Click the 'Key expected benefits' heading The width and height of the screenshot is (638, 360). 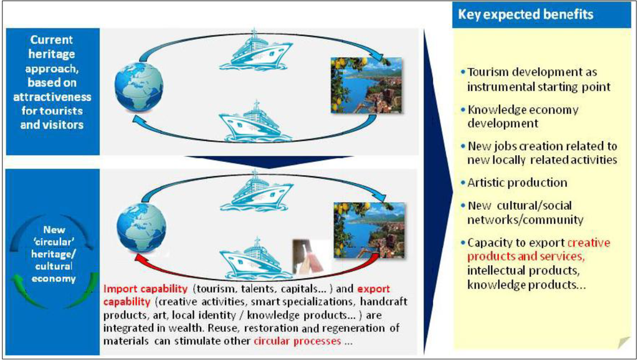[526, 14]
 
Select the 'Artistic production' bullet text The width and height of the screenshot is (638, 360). [517, 182]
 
